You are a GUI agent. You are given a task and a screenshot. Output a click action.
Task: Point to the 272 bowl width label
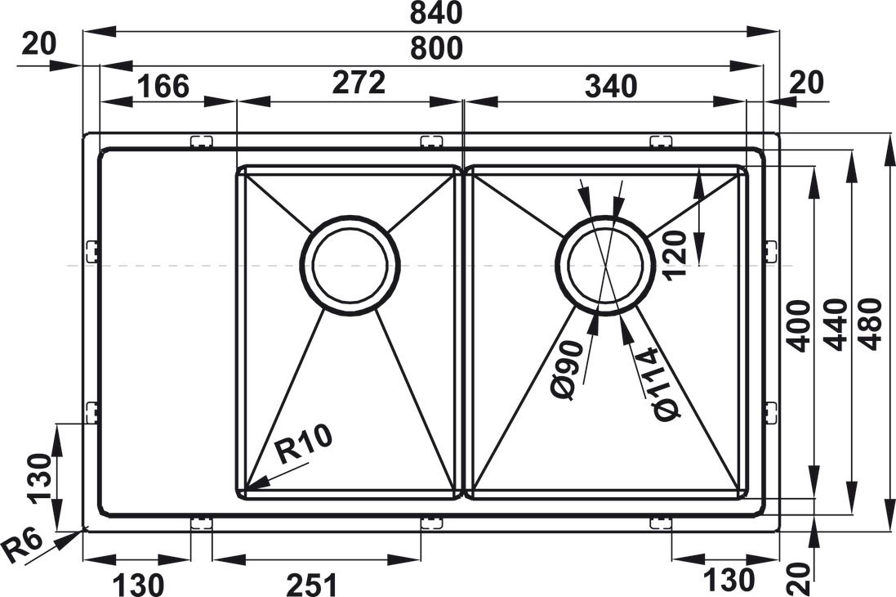tap(359, 83)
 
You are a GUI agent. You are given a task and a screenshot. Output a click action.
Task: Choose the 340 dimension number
tap(610, 85)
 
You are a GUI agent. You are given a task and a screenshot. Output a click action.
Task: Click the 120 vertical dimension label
tap(676, 254)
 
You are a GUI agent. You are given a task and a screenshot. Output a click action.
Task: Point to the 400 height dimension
tap(798, 325)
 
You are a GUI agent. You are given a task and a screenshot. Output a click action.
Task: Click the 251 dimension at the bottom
tap(311, 585)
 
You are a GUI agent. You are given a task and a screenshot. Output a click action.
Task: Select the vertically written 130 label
tap(40, 478)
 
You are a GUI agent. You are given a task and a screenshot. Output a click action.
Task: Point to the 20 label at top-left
tap(38, 44)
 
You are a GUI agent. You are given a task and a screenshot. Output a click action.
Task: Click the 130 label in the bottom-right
tap(729, 581)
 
